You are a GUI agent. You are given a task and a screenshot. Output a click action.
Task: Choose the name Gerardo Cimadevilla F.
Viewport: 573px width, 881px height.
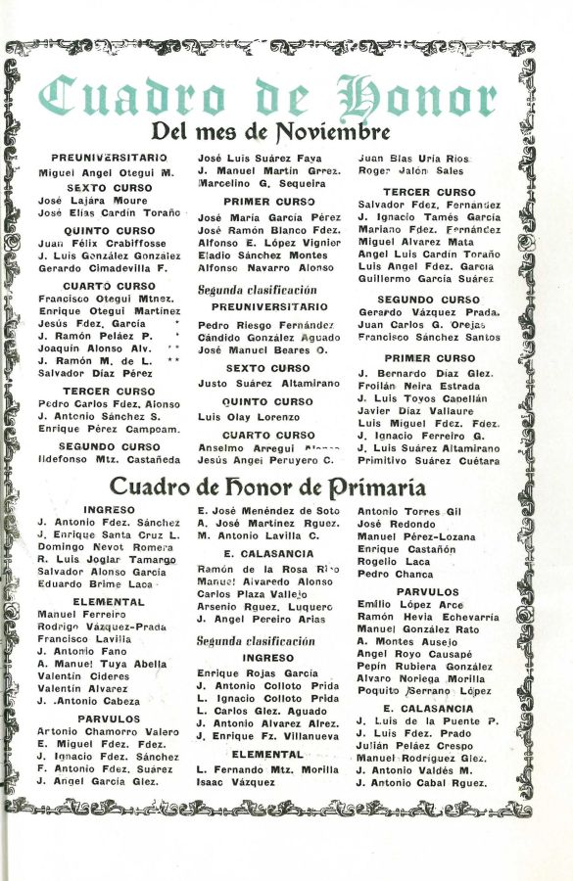coord(103,267)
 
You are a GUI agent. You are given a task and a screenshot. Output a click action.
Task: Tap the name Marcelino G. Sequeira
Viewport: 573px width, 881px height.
coord(262,183)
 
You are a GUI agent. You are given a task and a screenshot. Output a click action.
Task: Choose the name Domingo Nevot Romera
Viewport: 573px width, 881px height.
coord(92,546)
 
